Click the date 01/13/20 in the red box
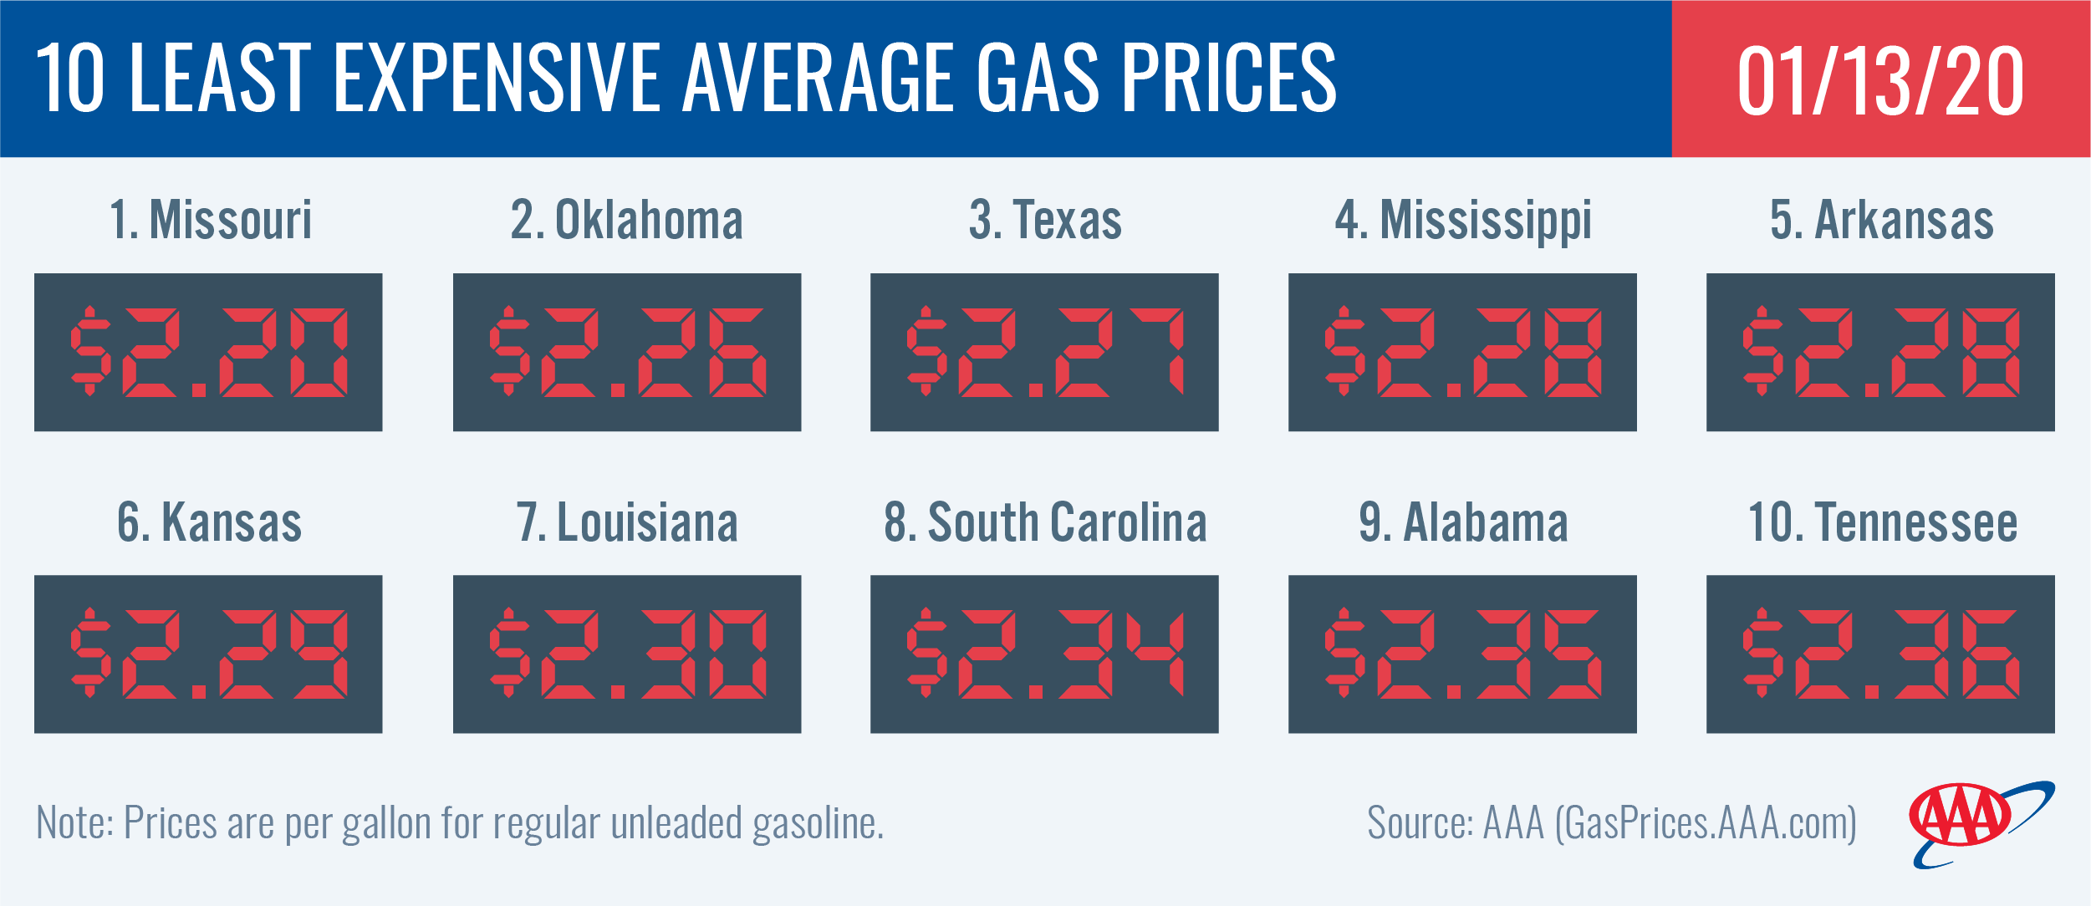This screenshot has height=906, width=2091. pyautogui.click(x=1880, y=80)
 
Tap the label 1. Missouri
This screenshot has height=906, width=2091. pyautogui.click(x=211, y=220)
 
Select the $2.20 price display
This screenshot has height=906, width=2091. pyautogui.click(x=208, y=352)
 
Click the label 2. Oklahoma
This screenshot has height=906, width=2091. pyautogui.click(x=627, y=220)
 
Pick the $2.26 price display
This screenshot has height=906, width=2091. pyautogui.click(x=627, y=352)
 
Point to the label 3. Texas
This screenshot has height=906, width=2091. pyautogui.click(x=1045, y=220)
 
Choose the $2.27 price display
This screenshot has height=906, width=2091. pyautogui.click(x=1044, y=352)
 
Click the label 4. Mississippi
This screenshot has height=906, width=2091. pyautogui.click(x=1463, y=221)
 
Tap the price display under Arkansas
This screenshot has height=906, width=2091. pyautogui.click(x=1880, y=352)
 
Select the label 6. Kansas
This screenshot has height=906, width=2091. pyautogui.click(x=209, y=522)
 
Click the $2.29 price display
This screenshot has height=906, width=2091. pyautogui.click(x=208, y=654)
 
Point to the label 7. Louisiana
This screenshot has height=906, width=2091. pyautogui.click(x=627, y=522)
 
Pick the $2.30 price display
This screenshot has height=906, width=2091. pyautogui.click(x=627, y=654)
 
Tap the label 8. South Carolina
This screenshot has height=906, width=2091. pyautogui.click(x=1045, y=522)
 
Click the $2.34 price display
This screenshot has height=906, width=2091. pyautogui.click(x=1044, y=654)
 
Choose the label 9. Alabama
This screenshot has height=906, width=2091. pyautogui.click(x=1463, y=522)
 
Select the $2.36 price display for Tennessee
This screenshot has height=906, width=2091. pyautogui.click(x=1880, y=654)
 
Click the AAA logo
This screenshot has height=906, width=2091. pyautogui.click(x=1973, y=823)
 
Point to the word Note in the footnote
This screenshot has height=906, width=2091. pyautogui.click(x=74, y=823)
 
